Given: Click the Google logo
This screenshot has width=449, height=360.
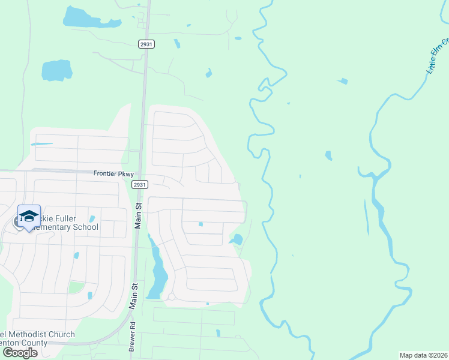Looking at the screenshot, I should coord(20,352).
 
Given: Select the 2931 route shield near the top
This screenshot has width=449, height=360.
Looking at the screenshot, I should coord(146,44).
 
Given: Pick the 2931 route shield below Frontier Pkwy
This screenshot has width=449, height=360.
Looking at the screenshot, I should coord(139,185).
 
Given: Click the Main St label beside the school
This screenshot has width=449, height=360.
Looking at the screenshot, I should coord(138,215).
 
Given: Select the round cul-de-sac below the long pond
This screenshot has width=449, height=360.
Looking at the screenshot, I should coord(171,296).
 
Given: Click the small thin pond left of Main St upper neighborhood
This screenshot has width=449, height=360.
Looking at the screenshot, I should coord(41,144).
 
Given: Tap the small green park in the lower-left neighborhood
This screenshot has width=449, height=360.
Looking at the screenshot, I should coord(76,287).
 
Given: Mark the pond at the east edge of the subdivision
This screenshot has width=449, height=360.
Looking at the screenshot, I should coord(237,239).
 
